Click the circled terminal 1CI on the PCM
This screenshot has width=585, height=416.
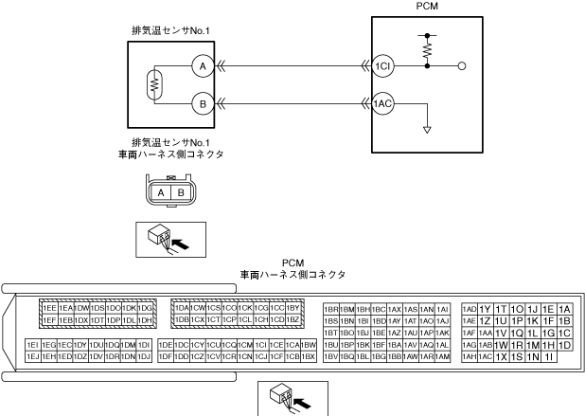[x=383, y=66]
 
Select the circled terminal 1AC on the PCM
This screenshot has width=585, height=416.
[x=383, y=104]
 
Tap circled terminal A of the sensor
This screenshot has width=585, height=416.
[x=201, y=66]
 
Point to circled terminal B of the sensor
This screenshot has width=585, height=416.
[x=201, y=103]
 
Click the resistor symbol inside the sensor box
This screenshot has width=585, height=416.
[x=152, y=84]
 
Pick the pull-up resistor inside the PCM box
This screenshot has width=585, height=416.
[x=427, y=48]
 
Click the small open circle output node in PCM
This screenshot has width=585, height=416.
[x=461, y=66]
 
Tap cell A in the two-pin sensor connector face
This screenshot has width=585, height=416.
[x=162, y=191]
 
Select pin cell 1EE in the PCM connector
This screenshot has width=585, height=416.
[x=48, y=308]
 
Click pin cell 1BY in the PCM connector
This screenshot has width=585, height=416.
[x=292, y=308]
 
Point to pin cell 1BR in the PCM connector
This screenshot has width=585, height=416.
[x=331, y=309]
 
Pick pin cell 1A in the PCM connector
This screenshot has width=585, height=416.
[x=565, y=309]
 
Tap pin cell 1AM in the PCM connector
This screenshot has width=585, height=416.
[x=442, y=356]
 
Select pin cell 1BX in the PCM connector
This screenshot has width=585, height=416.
[x=308, y=356]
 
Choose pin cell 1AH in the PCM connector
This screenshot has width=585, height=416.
[x=469, y=356]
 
